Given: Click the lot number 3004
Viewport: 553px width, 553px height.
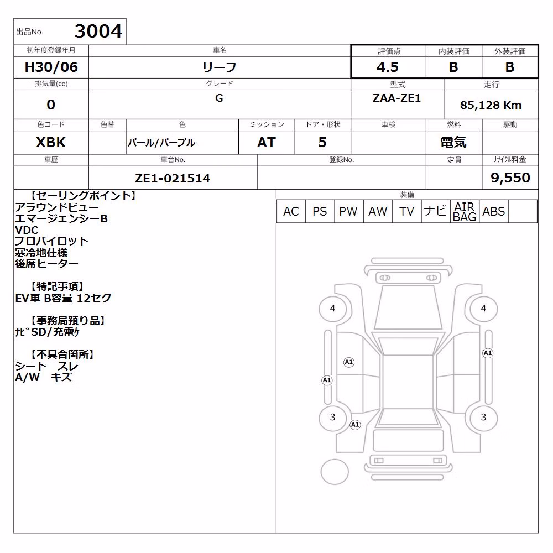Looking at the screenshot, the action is [x=98, y=31].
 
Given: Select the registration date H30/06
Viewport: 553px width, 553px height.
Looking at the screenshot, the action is [x=51, y=67].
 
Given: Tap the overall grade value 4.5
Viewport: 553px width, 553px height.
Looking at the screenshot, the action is [x=388, y=67].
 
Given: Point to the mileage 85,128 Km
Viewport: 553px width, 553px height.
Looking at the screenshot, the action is [x=491, y=105].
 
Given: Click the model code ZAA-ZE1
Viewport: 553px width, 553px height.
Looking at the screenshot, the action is [x=397, y=98].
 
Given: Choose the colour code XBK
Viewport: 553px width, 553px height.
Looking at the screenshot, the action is [x=51, y=143].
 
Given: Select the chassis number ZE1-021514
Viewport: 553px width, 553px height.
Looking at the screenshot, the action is [x=173, y=178].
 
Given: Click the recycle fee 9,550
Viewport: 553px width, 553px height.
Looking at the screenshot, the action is [x=510, y=178].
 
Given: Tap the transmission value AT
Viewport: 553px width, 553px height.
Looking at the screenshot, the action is [x=267, y=143].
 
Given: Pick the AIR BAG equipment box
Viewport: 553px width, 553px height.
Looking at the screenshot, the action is [x=465, y=211].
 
